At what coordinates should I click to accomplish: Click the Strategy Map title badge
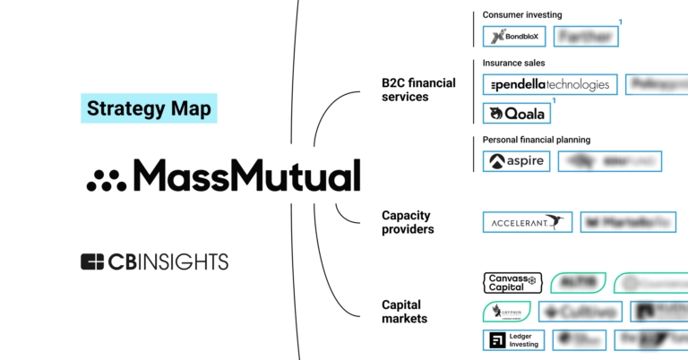click(x=148, y=109)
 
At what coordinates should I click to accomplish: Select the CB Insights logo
click(x=154, y=261)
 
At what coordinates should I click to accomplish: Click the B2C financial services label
click(x=418, y=90)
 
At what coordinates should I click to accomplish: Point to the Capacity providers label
click(x=408, y=222)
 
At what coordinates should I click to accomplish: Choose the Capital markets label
click(x=404, y=311)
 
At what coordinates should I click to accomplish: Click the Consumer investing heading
click(x=521, y=15)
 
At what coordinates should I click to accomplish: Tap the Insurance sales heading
click(x=513, y=64)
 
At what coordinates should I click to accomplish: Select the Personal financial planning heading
click(x=537, y=140)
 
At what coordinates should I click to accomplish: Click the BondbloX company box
click(x=514, y=36)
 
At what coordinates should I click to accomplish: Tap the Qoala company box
click(x=517, y=114)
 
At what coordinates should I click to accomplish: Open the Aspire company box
click(x=517, y=161)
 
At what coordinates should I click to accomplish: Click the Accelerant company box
click(x=527, y=222)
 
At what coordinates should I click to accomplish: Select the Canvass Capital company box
click(x=513, y=283)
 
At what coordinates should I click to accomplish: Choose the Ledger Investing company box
click(x=513, y=340)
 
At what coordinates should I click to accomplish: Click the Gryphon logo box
click(x=508, y=312)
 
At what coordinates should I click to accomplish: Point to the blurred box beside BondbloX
click(x=586, y=36)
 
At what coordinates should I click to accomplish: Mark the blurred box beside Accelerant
click(x=628, y=222)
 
